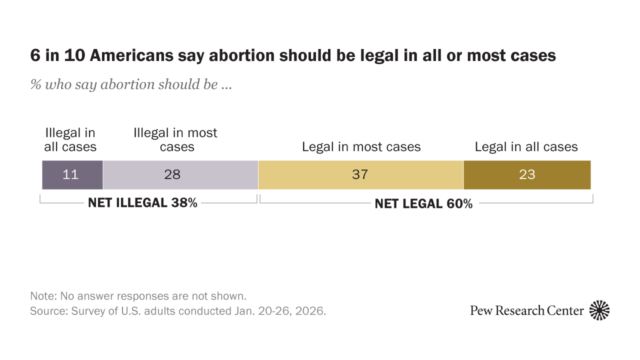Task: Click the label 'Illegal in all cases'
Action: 70,140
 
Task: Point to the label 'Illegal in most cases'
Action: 175,140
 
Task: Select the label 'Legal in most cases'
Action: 361,147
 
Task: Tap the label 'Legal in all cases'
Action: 526,147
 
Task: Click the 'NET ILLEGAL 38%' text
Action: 142,203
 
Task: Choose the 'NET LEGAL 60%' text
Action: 423,204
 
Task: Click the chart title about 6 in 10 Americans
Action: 293,55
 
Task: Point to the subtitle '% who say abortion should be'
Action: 131,84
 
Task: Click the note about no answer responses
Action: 138,295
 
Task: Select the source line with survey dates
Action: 178,310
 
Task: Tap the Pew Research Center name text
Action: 526,310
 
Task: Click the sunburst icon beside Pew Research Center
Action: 599,310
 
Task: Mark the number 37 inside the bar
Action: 360,175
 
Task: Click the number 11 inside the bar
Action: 70,175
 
